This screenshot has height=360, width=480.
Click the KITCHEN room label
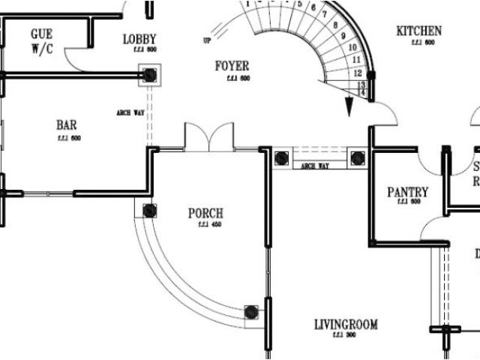pos(418,31)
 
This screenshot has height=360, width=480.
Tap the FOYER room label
pos(232,67)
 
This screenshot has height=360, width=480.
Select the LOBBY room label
pos(139,38)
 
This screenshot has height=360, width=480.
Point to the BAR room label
pos(67,125)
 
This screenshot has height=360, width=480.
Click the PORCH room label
pos(205,214)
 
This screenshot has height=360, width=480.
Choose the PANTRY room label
pos(407,193)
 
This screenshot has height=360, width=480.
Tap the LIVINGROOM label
pos(346,325)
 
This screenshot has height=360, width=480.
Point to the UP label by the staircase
pos(206,40)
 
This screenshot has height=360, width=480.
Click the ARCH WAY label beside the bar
pos(130,112)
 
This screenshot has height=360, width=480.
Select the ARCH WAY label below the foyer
pos(316,166)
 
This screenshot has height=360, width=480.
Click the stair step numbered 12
pos(358,73)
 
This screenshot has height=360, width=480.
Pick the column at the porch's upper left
pos(149,211)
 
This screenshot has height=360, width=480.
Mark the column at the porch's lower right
pos(253,311)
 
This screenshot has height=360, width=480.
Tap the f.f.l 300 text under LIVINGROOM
pos(346,335)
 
